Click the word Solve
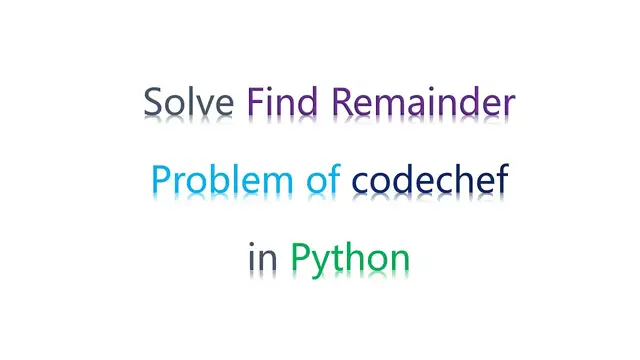pyautogui.click(x=190, y=103)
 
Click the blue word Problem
pyautogui.click(x=211, y=181)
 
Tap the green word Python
pyautogui.click(x=350, y=259)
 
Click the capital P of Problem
pyautogui.click(x=161, y=181)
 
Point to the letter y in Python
pyautogui.click(x=326, y=263)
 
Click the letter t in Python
pyautogui.click(x=345, y=258)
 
